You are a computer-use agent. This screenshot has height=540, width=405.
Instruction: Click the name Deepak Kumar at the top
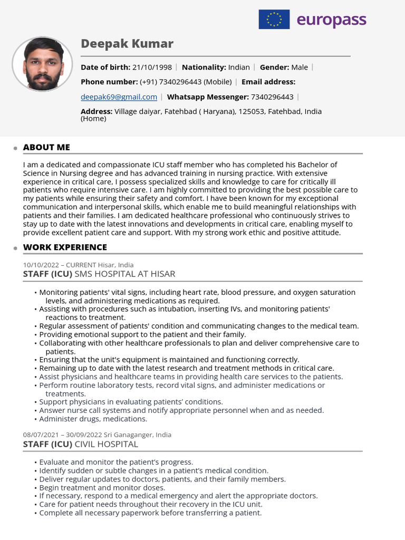coord(127,44)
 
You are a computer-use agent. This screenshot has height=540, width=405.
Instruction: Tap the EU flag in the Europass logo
coord(274,20)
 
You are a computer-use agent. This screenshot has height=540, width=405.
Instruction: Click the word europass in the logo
coord(331,20)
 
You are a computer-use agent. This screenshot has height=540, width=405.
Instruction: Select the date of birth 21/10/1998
coord(152,67)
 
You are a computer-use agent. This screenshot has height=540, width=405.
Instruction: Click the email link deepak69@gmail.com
coord(119,97)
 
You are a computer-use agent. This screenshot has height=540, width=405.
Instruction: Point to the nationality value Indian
coord(239,67)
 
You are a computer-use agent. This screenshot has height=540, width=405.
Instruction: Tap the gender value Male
coord(300,67)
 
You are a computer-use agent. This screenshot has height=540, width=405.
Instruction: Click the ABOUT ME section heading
coord(46,147)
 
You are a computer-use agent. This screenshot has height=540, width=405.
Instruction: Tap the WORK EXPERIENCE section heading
coord(65,247)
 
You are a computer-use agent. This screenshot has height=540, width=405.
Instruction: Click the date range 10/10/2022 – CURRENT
coord(59,265)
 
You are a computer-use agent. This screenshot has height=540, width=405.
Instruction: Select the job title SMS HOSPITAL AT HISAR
coord(125,274)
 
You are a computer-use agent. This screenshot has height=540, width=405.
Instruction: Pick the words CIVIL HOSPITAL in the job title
coord(106,444)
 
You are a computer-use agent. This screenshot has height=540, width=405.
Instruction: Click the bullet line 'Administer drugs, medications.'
coord(93,419)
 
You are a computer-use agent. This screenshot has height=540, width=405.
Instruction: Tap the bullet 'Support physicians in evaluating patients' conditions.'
coord(131,402)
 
